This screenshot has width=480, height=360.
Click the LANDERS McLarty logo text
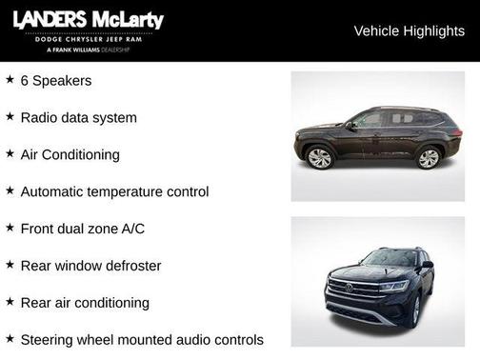coord(88,20)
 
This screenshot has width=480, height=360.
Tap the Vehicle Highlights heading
coord(409,30)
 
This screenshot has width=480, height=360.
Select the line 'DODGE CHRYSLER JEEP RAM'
coord(87,38)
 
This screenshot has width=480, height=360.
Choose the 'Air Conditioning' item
coord(70,154)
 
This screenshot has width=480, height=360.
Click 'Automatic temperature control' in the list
coord(114,191)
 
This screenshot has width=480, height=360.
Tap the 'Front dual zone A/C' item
coord(82,229)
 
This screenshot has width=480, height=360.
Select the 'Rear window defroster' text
coord(90,266)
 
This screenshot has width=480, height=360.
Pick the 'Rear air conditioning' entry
coord(85,303)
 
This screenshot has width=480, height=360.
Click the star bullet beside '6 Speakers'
coord(10,79)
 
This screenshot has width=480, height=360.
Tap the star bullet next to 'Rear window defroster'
coord(10,264)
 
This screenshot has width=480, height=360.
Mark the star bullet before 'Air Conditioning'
coord(10,152)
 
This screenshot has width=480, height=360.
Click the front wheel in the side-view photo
coord(319,158)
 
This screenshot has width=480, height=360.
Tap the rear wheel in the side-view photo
coord(429,158)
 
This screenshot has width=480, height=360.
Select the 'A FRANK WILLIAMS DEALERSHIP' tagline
coord(87,49)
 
